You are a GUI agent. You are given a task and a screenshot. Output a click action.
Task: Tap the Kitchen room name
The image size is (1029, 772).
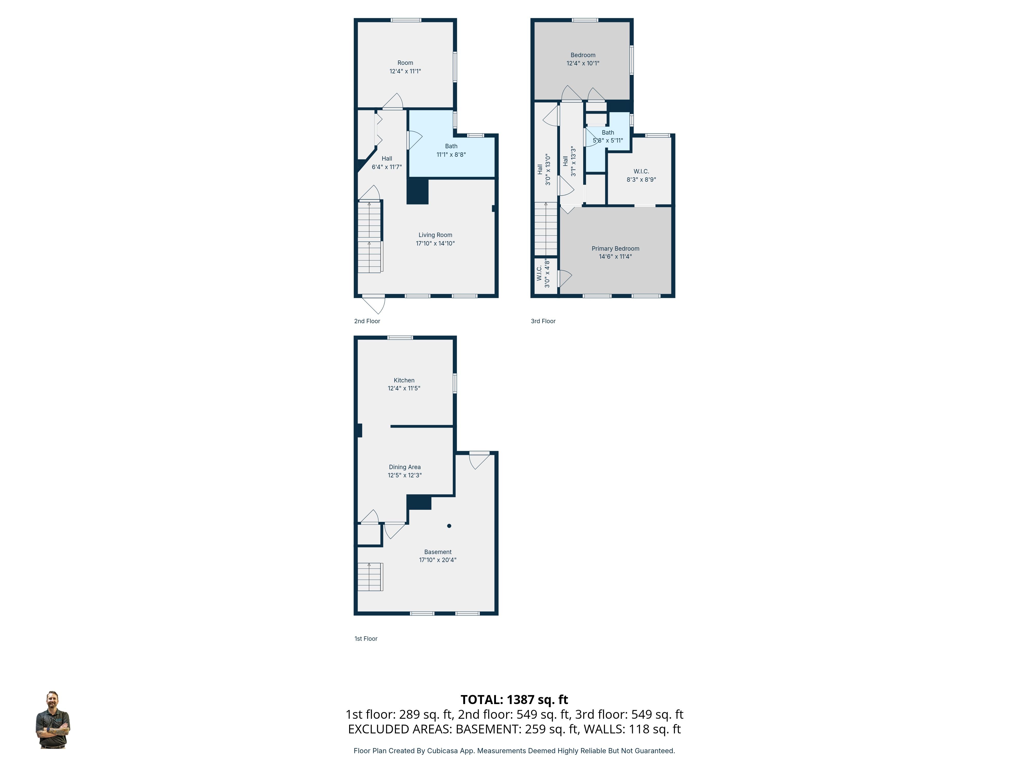pos(404,380)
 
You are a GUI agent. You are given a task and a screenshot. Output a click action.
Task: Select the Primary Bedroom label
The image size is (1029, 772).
pos(615,249)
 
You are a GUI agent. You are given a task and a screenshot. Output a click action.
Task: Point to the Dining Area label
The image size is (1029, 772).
pos(405,467)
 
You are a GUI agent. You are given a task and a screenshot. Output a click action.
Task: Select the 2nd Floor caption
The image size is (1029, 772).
pos(367,321)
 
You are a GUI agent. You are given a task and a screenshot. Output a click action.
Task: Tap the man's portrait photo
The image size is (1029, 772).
pos(52,720)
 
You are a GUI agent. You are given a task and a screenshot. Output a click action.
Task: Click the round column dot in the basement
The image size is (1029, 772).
pos(449,526)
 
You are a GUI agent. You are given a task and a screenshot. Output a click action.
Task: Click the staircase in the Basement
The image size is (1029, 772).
pos(370,577)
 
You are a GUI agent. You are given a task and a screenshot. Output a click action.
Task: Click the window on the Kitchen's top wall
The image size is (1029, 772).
pos(400,337)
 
